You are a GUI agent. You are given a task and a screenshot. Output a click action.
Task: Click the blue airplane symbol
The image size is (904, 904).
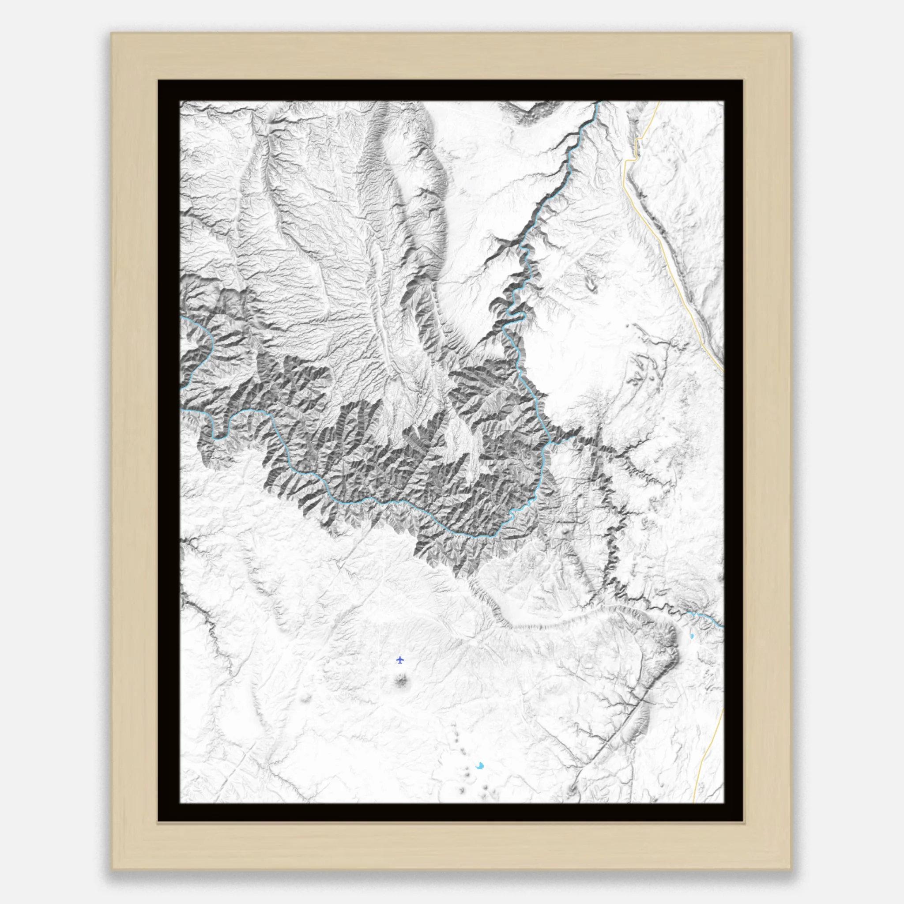pyautogui.click(x=399, y=660)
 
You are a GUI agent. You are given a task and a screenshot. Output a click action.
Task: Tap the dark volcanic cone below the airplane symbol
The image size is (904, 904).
pyautogui.click(x=401, y=681)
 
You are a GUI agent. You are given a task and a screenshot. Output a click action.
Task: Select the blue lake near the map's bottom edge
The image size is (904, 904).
pyautogui.click(x=480, y=766)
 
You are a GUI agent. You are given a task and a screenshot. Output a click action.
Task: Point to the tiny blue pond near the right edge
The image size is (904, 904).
pyautogui.click(x=692, y=637)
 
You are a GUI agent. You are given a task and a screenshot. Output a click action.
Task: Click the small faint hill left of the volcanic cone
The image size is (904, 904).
pyautogui.click(x=306, y=699)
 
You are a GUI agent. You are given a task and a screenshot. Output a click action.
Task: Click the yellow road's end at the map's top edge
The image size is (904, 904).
pyautogui.click(x=659, y=102)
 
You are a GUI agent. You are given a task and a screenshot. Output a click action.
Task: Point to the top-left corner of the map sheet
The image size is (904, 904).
pyautogui.click(x=181, y=102)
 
